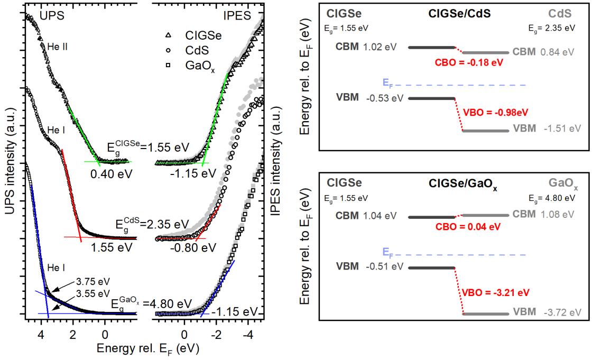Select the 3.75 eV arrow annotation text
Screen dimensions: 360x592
pos(92,282)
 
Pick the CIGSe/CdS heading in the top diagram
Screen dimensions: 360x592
pos(459,14)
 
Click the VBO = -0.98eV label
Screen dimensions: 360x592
pos(496,112)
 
